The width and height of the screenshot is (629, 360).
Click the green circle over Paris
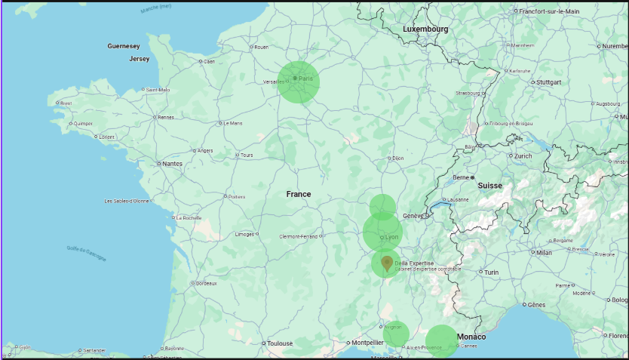(299, 82)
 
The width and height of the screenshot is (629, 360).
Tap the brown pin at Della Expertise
(387, 263)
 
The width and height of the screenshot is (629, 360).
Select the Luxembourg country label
(425, 29)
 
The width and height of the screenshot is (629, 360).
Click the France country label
(299, 194)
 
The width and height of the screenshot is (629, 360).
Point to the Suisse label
(489, 185)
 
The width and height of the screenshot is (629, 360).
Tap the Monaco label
(471, 336)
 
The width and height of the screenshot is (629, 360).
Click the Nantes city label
(172, 163)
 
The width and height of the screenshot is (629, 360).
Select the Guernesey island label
(124, 46)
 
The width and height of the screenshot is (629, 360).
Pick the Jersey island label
(140, 58)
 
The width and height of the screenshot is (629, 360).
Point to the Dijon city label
(398, 158)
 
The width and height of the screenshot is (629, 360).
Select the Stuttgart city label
(548, 82)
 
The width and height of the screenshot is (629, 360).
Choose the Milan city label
(544, 252)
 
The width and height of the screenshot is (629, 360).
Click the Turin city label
(492, 272)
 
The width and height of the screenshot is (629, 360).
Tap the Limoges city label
(245, 234)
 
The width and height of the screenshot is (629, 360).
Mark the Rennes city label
(165, 117)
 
